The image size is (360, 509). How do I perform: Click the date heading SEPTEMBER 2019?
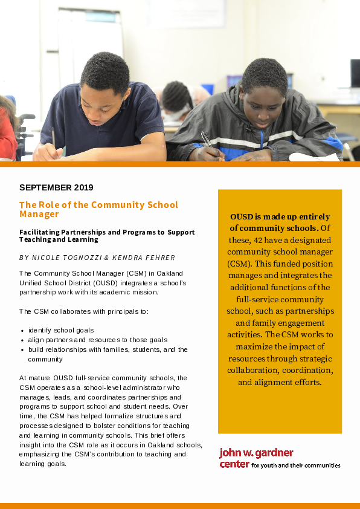pyautogui.click(x=56, y=187)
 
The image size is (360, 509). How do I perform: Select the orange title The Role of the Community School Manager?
pyautogui.click(x=90, y=209)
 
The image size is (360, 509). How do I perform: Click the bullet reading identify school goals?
pyautogui.click(x=60, y=330)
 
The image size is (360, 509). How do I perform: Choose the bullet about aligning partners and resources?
pyautogui.click(x=97, y=340)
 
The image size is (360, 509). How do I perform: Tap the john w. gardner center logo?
pyautogui.click(x=279, y=458)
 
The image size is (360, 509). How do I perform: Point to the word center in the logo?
pyautogui.click(x=234, y=464)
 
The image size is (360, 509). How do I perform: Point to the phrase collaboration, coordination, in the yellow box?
pyautogui.click(x=280, y=370)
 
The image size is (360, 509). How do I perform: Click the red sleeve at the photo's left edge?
pyautogui.click(x=7, y=136)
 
